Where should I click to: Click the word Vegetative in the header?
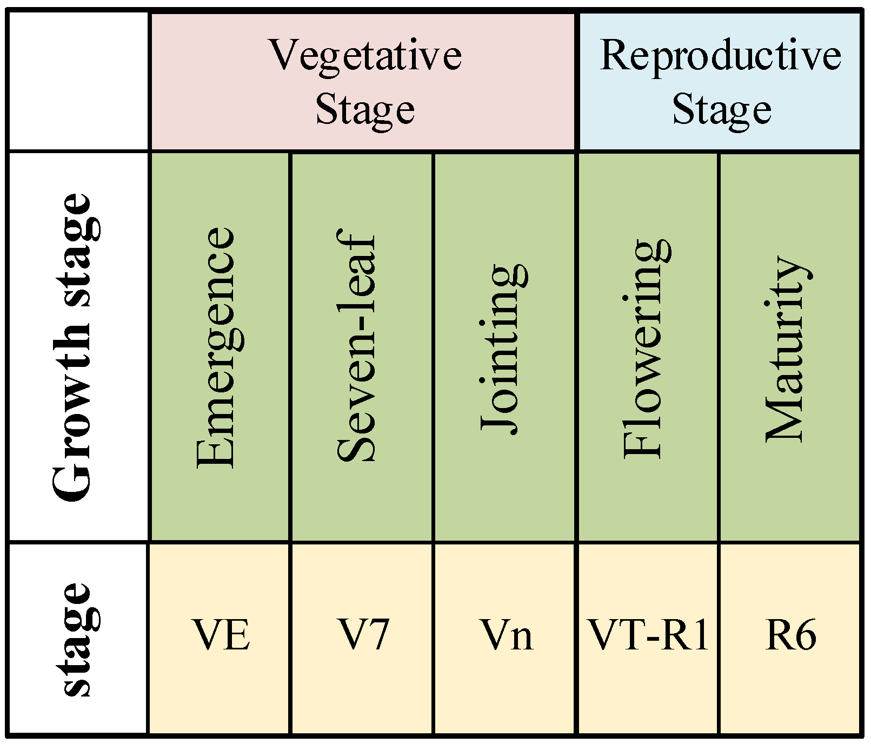(365, 56)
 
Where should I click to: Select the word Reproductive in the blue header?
(720, 56)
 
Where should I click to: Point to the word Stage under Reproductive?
(721, 109)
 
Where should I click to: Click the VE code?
(222, 635)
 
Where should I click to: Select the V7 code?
(364, 635)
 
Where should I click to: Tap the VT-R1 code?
(648, 635)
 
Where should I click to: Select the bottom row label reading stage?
(77, 639)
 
